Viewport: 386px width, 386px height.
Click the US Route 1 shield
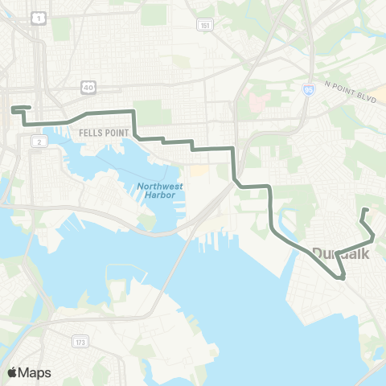[38, 17]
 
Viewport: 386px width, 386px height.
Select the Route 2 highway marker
[37, 142]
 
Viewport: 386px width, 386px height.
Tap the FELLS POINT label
[99, 131]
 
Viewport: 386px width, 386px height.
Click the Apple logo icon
[12, 372]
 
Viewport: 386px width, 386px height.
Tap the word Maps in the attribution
[35, 372]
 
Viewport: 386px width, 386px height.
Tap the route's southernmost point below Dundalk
[343, 278]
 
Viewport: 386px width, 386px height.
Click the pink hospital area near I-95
[259, 103]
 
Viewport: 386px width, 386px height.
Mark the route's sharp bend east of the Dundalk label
[373, 238]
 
